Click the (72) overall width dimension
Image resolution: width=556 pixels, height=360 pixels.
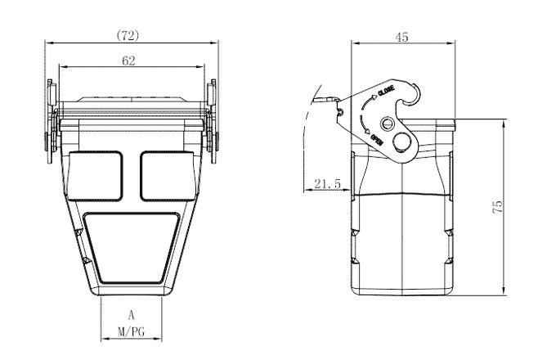click(129, 36)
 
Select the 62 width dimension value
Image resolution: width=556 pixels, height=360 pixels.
click(129, 61)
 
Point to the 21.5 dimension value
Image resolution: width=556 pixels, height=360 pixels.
click(327, 185)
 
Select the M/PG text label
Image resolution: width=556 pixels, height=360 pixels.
click(131, 332)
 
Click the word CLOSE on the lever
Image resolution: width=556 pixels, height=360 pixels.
click(386, 92)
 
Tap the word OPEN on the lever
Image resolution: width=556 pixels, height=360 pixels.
click(378, 142)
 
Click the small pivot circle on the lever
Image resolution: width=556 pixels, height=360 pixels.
click(386, 124)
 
